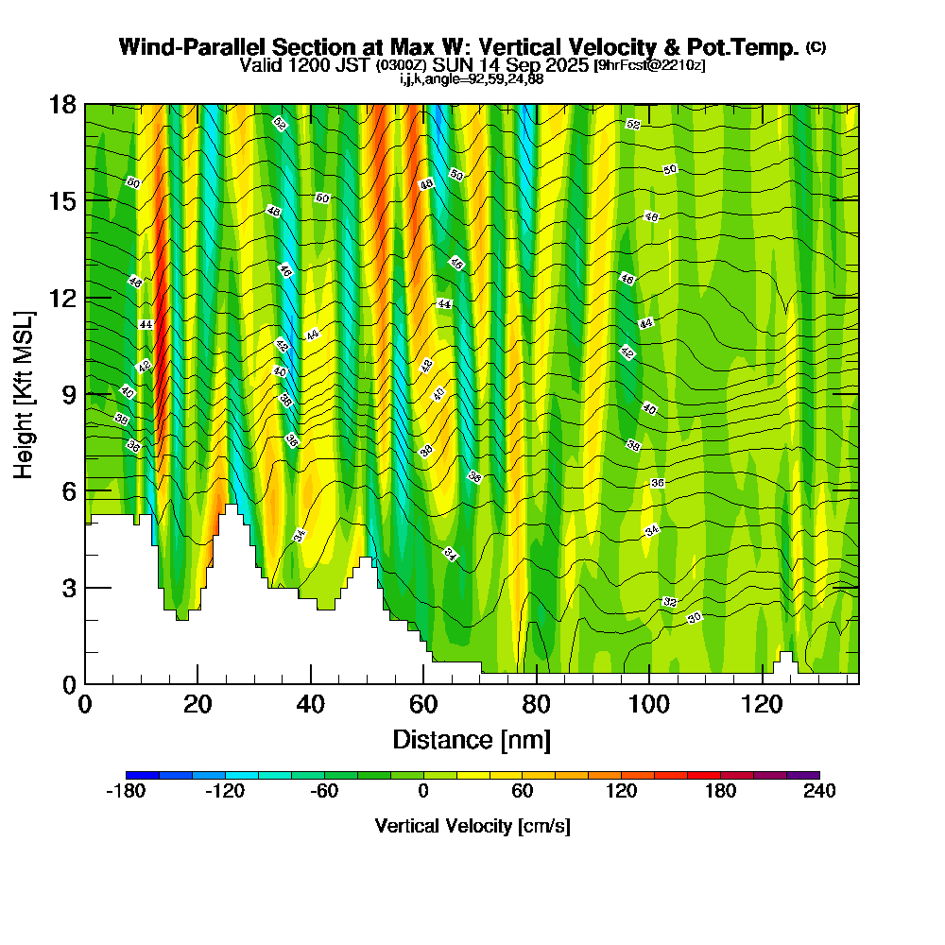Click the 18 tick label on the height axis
[x=62, y=104]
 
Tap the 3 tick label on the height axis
[x=68, y=588]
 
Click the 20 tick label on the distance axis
[x=198, y=704]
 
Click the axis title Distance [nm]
[x=472, y=739]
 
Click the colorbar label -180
[x=126, y=792]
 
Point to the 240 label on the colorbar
[x=819, y=792]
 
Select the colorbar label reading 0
[x=423, y=792]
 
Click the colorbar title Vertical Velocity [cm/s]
[x=472, y=826]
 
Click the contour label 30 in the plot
[x=695, y=618]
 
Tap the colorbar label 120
[x=621, y=792]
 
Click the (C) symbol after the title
[x=816, y=47]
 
